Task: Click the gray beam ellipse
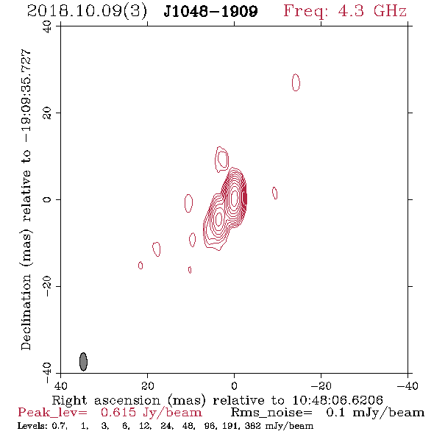coord(83,361)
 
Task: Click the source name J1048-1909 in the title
coord(210,11)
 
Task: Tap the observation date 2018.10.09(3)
coord(87,11)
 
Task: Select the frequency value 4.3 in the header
coord(351,11)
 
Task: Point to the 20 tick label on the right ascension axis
coord(148,385)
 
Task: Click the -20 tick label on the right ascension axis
coord(321,385)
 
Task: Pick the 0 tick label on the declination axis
coord(47,199)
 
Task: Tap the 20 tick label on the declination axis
coord(47,113)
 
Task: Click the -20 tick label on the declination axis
coord(47,286)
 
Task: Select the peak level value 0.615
coord(118,413)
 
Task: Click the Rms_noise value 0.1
coord(335,413)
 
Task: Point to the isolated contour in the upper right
coord(296,82)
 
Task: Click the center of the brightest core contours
coord(234,197)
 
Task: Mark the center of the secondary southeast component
coord(218,219)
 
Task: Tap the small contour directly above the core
coord(221,159)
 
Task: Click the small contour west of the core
coord(275,193)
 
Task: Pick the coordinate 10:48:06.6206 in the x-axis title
coord(338,400)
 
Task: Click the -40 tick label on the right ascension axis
coord(408,385)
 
